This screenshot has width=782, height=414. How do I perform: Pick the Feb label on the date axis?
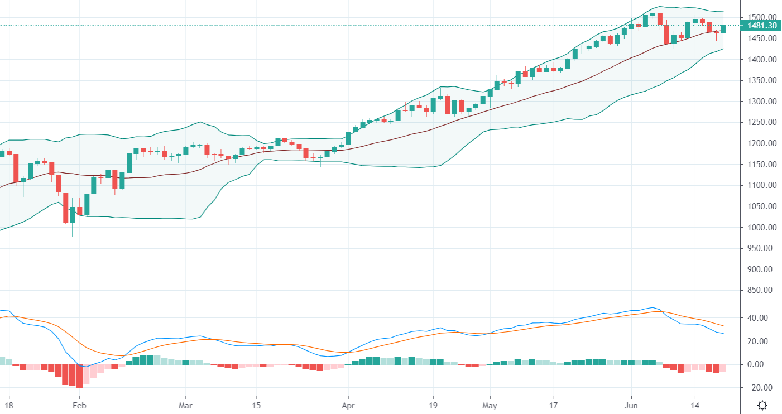coord(79,405)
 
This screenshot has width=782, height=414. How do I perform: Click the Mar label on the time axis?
coord(186,405)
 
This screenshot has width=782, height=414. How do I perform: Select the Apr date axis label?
coord(348,405)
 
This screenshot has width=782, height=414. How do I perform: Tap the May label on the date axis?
coord(490,405)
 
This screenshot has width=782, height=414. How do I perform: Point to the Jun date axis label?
coord(631,405)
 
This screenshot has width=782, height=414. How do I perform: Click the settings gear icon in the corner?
coord(762,405)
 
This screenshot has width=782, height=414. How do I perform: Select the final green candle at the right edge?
coord(723,29)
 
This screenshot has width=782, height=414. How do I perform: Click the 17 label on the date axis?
coord(554,405)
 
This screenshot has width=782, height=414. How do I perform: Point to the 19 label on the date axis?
coord(433,405)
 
